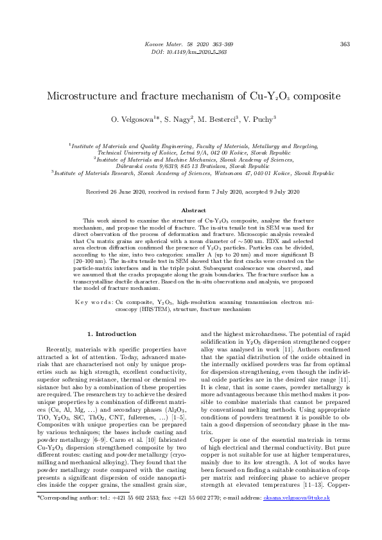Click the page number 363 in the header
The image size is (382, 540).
click(x=344, y=44)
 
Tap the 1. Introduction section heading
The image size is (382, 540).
click(x=111, y=333)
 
